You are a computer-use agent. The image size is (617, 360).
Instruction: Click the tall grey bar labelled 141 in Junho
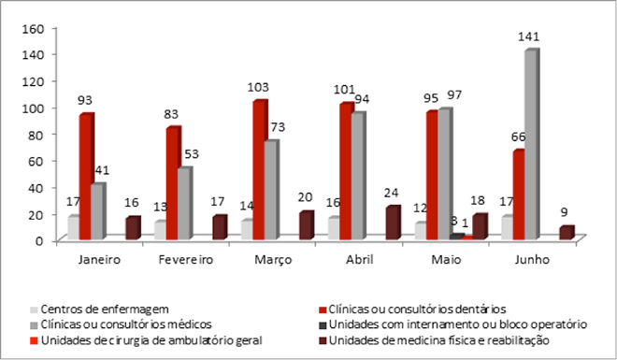[530, 145]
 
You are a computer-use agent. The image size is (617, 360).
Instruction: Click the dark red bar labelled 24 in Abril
[392, 223]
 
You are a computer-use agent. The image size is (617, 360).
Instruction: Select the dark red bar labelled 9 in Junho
[564, 233]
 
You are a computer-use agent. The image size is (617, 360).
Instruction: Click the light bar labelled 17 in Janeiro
[72, 228]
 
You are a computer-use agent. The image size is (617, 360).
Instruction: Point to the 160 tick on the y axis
[34, 28]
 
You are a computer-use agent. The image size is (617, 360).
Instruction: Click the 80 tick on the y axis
[36, 134]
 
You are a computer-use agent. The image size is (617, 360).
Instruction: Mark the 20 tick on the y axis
[36, 213]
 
